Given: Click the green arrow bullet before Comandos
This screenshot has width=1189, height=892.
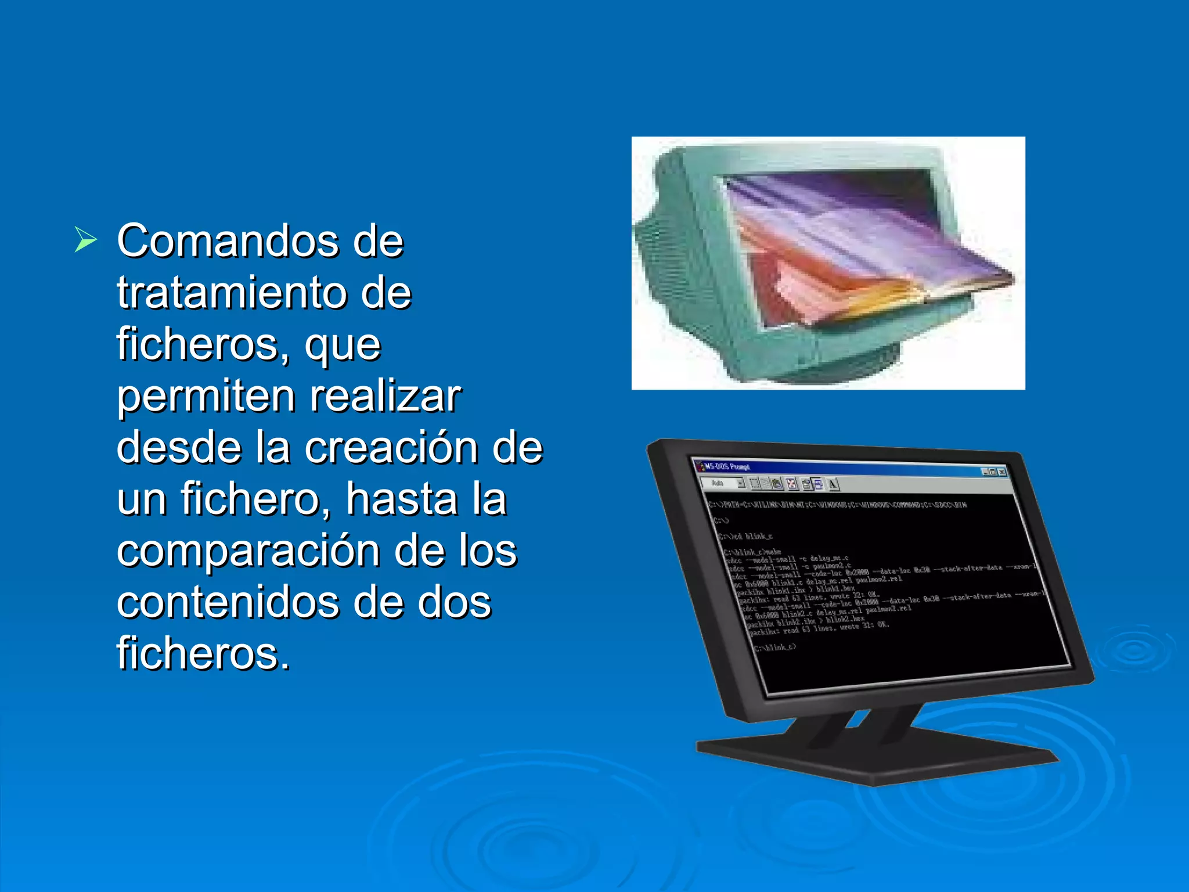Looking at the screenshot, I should click(x=85, y=240).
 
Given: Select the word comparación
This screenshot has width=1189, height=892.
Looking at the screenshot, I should click(x=248, y=551).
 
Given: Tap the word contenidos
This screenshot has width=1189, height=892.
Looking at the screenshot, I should click(x=228, y=602).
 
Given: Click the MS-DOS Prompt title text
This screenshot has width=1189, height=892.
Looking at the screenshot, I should click(x=727, y=466).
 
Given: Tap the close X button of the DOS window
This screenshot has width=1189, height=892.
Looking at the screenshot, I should click(x=1002, y=472).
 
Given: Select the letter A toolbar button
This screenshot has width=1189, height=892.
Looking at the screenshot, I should click(x=833, y=484).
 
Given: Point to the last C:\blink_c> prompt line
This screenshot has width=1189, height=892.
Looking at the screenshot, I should click(x=775, y=647).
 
